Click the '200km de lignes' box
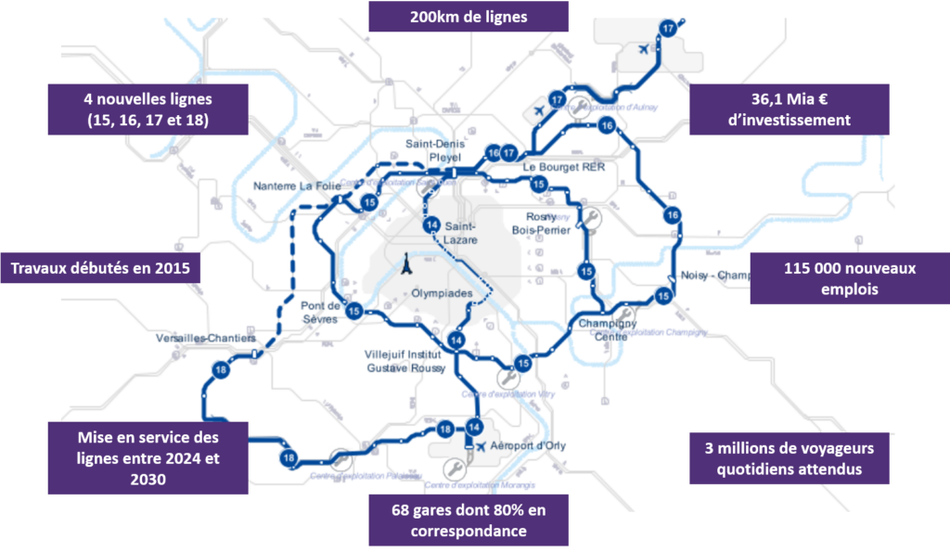coord(469,17)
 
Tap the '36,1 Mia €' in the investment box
coord(789,99)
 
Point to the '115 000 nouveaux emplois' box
coord(848,278)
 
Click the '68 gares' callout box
coord(469,520)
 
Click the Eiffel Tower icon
coord(405,267)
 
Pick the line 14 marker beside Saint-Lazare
coord(431,226)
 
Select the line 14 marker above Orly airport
coord(474,427)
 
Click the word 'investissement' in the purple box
coord(789,120)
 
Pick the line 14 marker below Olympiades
coord(454,340)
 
